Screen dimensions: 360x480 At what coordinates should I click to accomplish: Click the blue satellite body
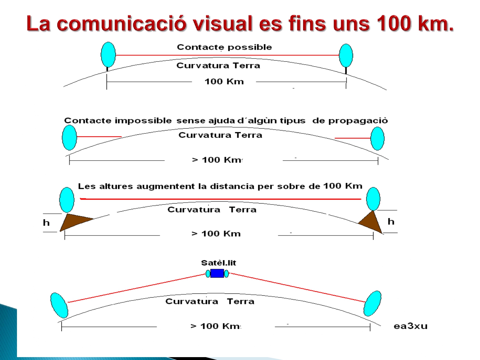(x=217, y=273)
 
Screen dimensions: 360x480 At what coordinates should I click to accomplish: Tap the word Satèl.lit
(x=219, y=263)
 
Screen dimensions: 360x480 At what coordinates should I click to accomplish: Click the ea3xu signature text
(x=411, y=326)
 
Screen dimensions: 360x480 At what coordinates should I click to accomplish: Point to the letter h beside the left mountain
(x=46, y=223)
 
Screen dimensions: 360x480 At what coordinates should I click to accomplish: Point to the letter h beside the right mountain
(x=391, y=221)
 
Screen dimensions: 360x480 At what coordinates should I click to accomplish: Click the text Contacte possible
(x=224, y=47)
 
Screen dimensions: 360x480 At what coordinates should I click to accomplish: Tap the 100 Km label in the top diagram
(x=224, y=82)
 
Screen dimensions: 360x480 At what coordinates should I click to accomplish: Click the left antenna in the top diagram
(x=108, y=55)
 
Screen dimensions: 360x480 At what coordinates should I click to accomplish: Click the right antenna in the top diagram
(x=346, y=56)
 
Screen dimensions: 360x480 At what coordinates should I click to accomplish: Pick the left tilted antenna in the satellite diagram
(x=59, y=305)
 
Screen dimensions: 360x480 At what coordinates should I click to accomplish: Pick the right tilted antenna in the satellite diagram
(x=372, y=303)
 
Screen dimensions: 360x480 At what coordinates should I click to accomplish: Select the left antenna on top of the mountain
(x=67, y=200)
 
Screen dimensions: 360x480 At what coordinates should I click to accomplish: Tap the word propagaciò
(x=358, y=121)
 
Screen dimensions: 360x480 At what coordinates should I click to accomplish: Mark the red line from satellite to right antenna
(x=298, y=288)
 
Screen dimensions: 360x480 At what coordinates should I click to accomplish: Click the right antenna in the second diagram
(x=378, y=139)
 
